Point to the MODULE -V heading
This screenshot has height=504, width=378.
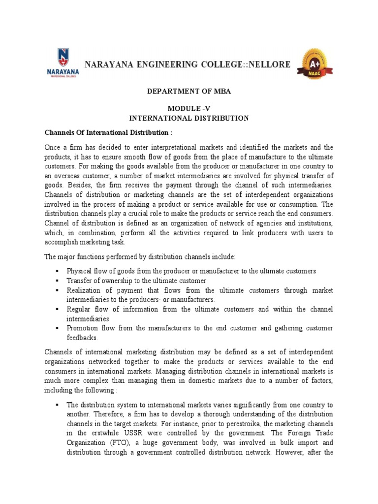[189, 109]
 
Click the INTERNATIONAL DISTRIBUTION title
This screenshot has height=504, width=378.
[189, 118]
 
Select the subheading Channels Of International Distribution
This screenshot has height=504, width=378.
[109, 133]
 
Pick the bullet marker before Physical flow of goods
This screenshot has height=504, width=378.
[58, 271]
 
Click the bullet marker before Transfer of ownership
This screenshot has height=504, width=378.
[58, 281]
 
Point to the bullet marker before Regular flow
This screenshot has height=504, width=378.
[58, 309]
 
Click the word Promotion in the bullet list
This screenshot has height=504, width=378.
[83, 328]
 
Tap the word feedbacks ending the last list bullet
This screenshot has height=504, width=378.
[83, 338]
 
